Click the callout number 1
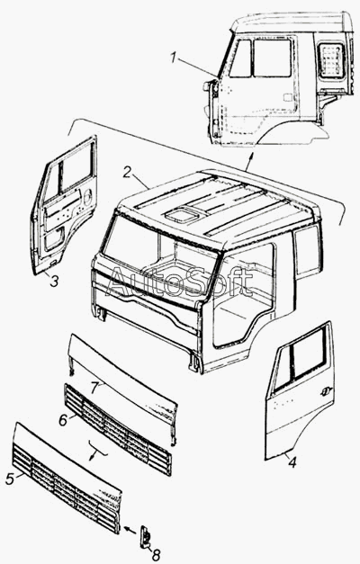[x=174, y=58]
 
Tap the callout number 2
[x=127, y=172]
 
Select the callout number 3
[x=54, y=281]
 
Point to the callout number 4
[x=292, y=462]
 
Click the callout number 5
[x=10, y=479]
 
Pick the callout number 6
[x=63, y=420]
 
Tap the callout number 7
[x=94, y=388]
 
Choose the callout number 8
[x=156, y=555]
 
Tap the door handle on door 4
[x=327, y=389]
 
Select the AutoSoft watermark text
[x=181, y=282]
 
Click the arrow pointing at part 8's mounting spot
[x=130, y=530]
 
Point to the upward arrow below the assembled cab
[x=248, y=161]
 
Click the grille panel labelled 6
[x=118, y=429]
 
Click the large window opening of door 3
[x=76, y=166]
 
